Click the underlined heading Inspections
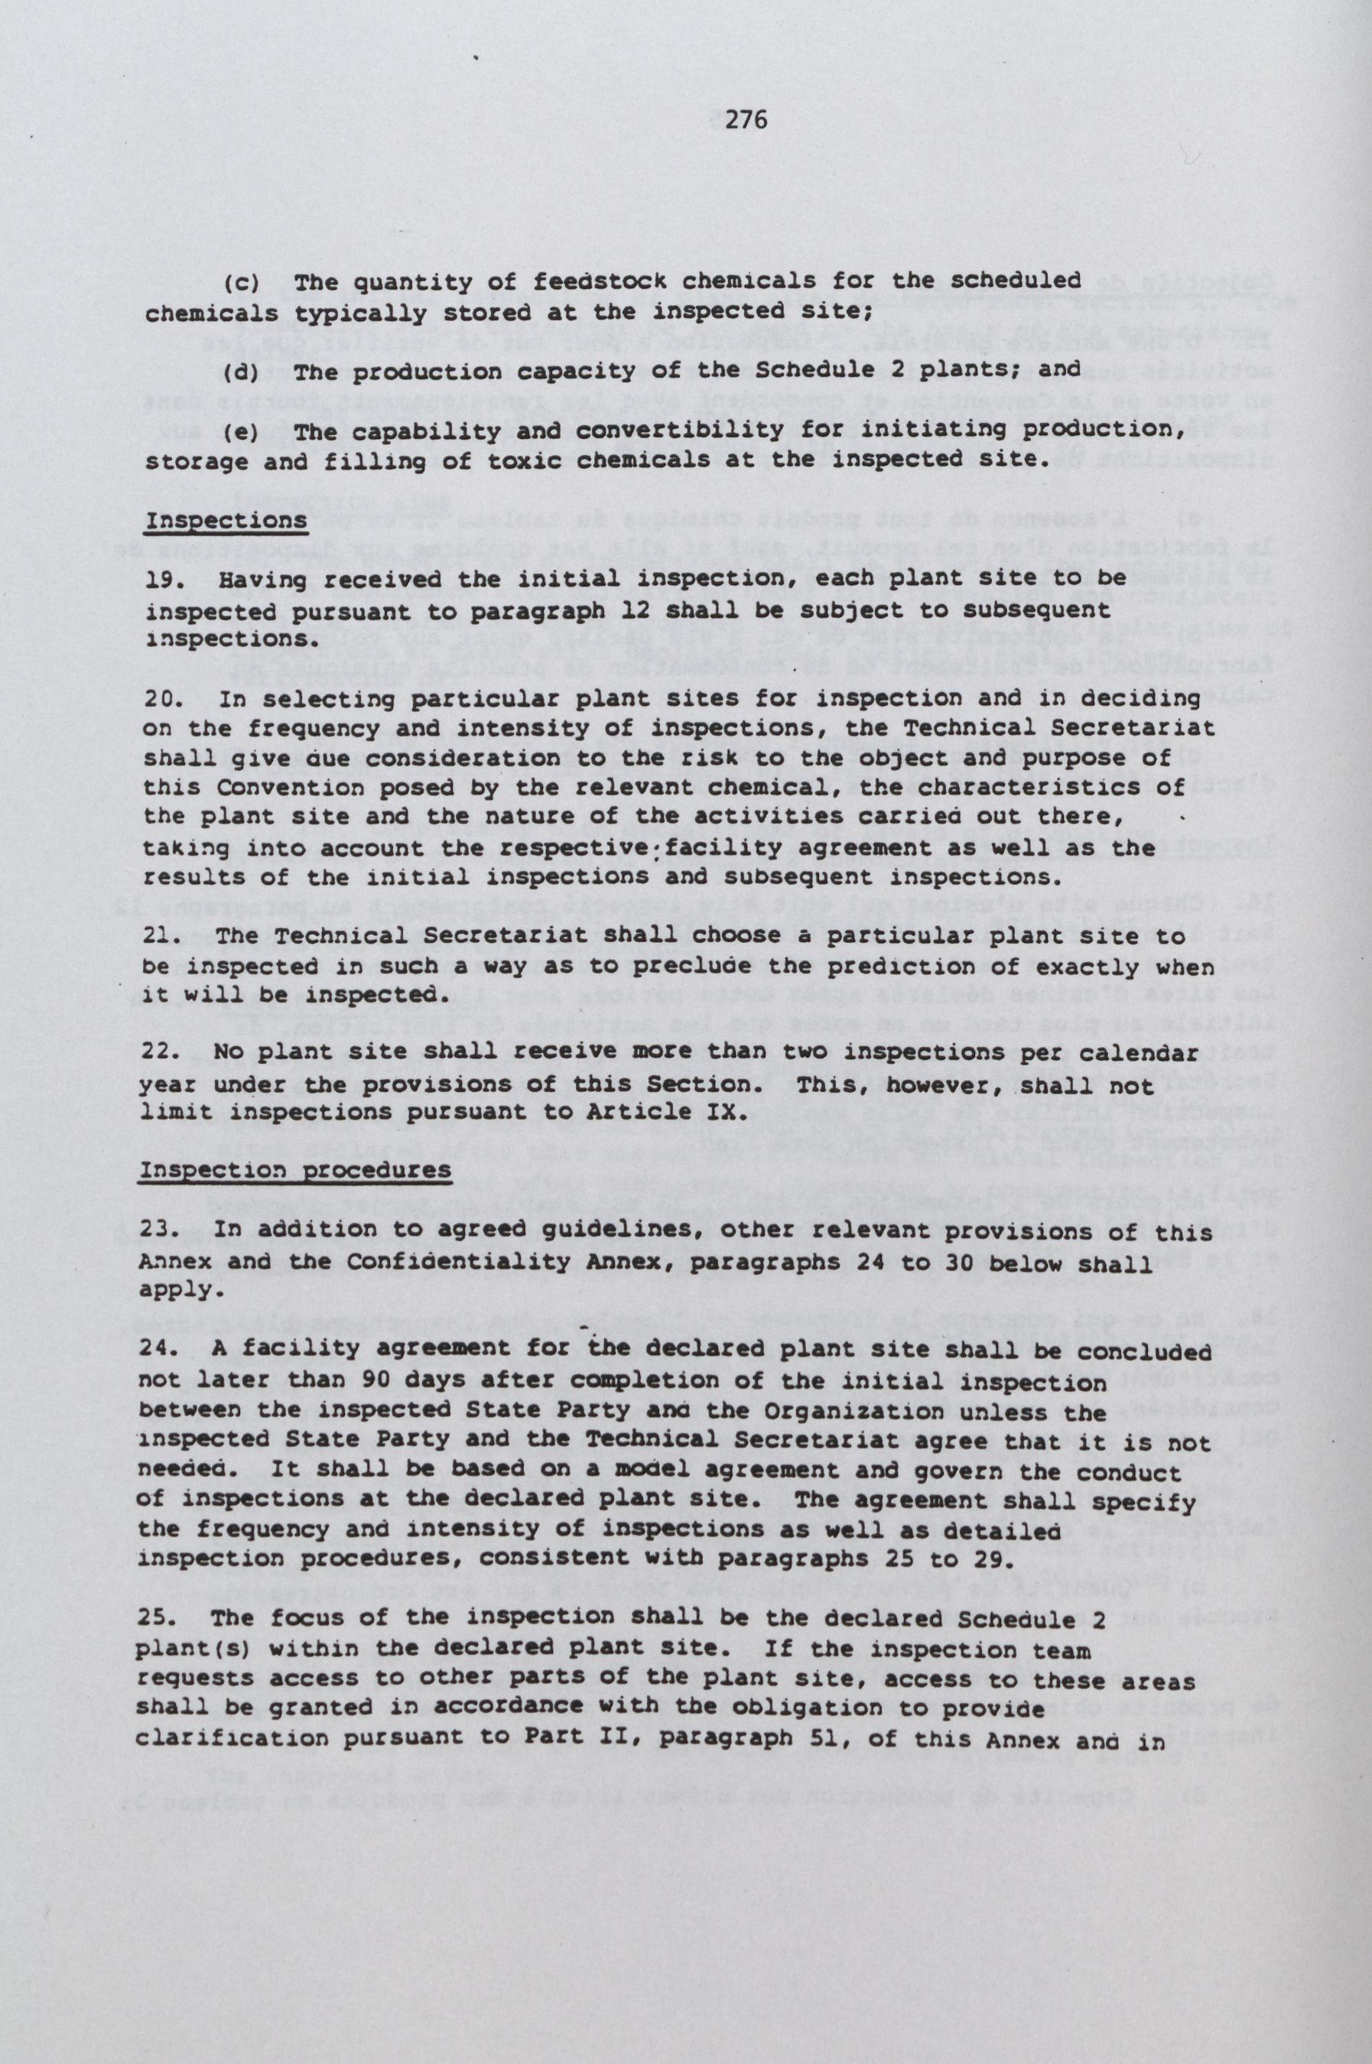point(226,521)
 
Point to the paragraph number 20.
point(163,699)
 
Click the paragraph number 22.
point(159,1052)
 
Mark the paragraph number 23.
point(159,1233)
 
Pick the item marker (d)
point(239,370)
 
